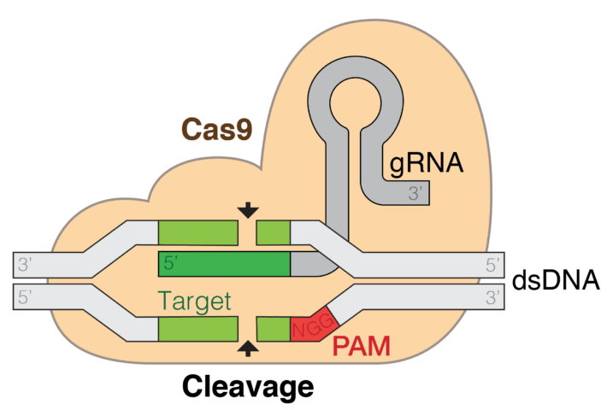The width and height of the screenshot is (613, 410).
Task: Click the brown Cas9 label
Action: coord(217,129)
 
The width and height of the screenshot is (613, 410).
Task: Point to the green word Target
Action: coord(195,300)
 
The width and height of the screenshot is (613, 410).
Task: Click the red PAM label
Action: coord(360,347)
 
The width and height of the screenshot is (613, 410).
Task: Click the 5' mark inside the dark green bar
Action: coord(170,264)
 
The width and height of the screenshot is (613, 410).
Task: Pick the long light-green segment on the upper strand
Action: coord(197,231)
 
